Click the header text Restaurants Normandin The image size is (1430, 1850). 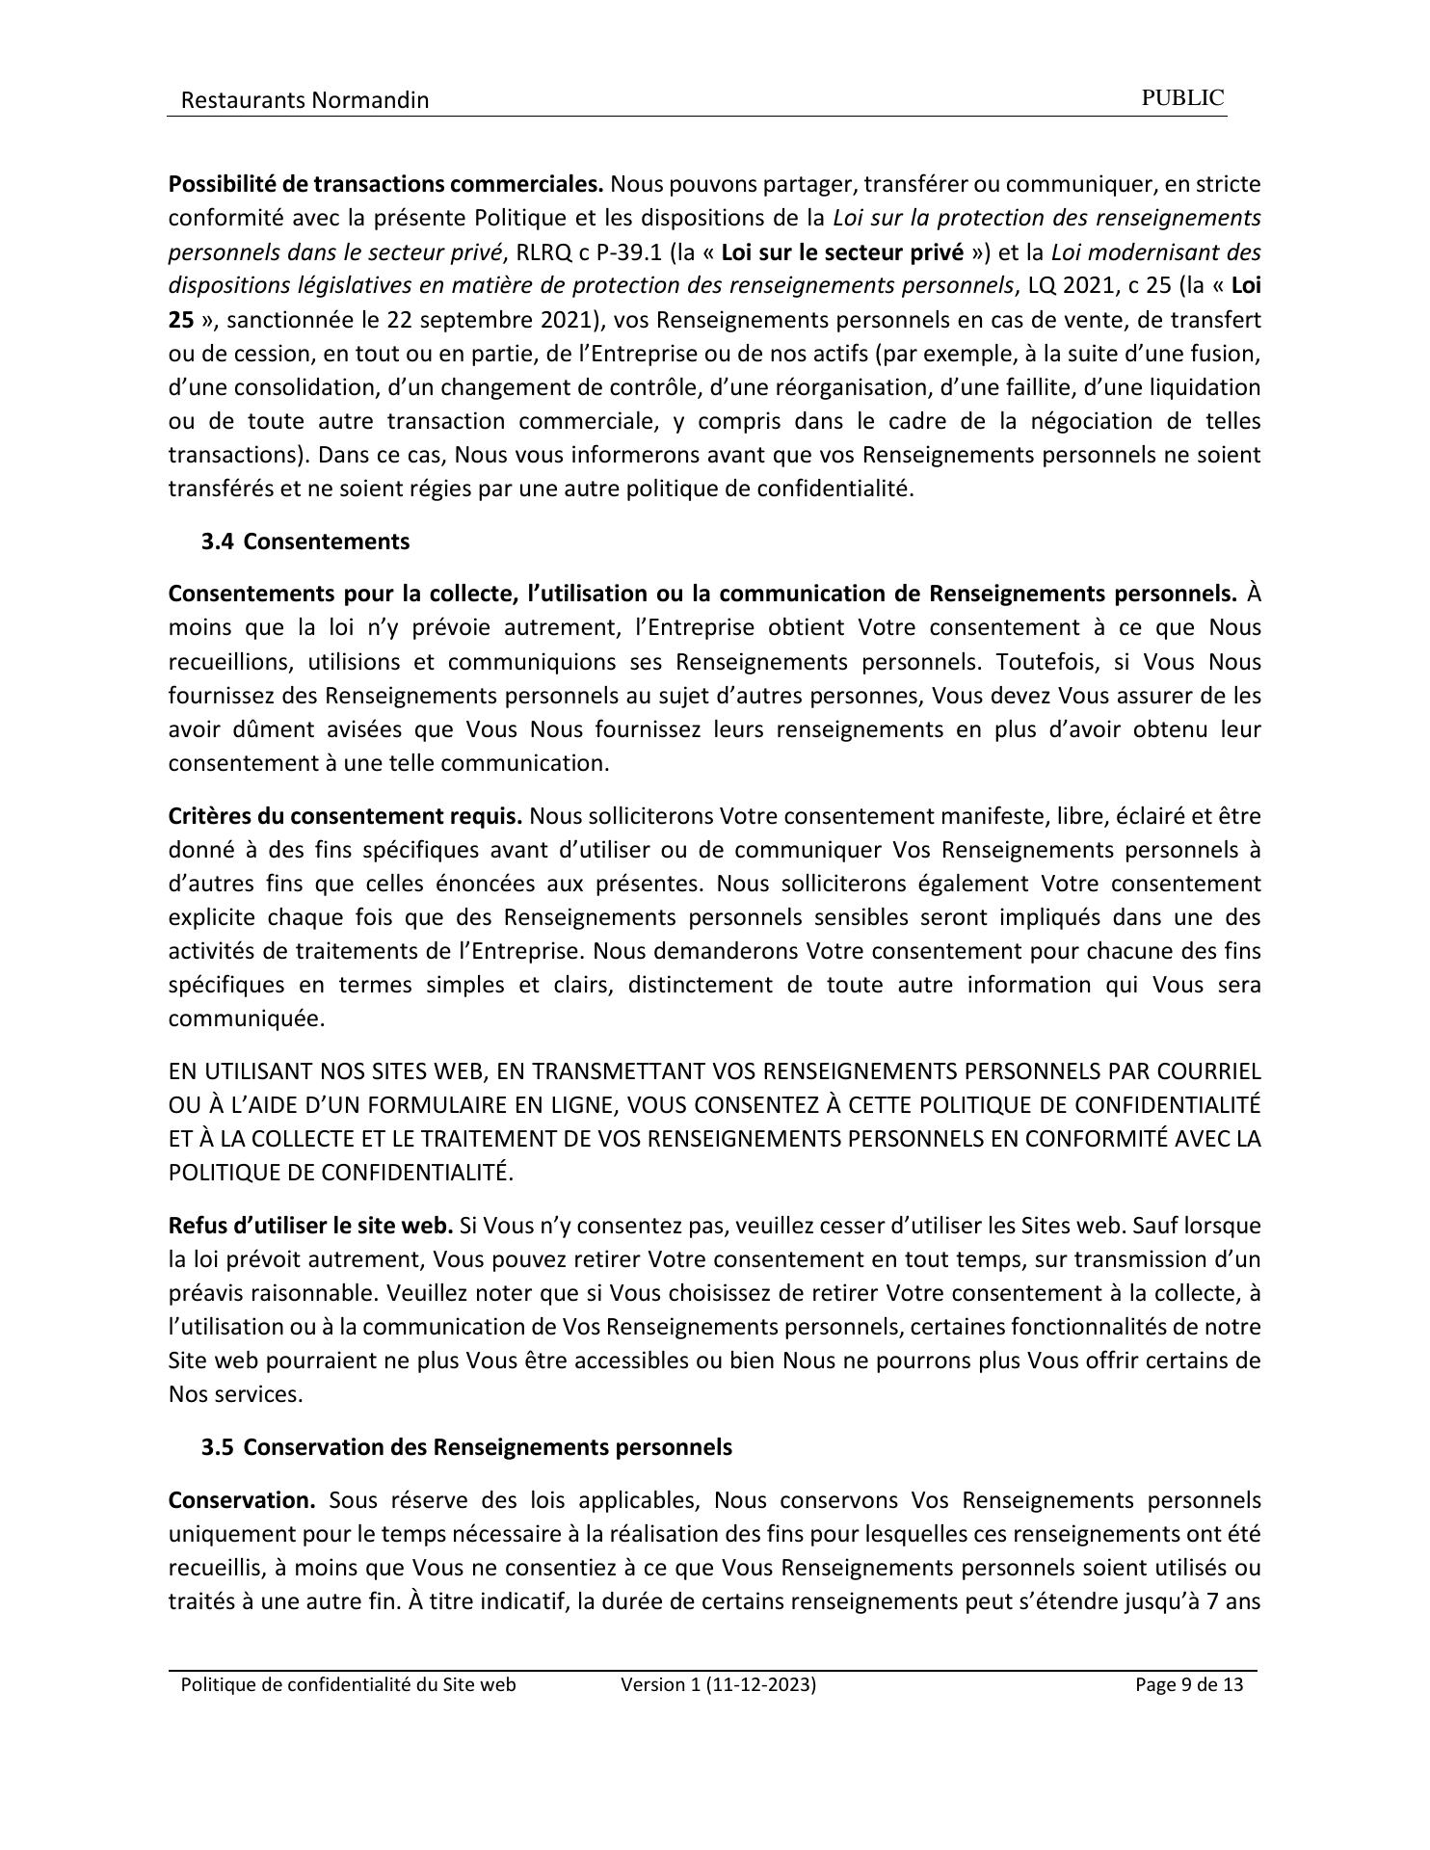pos(305,100)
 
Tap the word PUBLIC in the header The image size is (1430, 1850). pos(1182,98)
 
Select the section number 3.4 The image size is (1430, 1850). pos(217,542)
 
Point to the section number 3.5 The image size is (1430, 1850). pos(217,1447)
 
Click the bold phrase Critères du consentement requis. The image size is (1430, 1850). pos(345,816)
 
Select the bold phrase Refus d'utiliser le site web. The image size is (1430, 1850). pos(310,1226)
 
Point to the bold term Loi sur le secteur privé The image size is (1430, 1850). pos(842,252)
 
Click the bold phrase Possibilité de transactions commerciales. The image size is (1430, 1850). pos(385,183)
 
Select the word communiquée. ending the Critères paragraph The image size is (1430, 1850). pos(247,1018)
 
